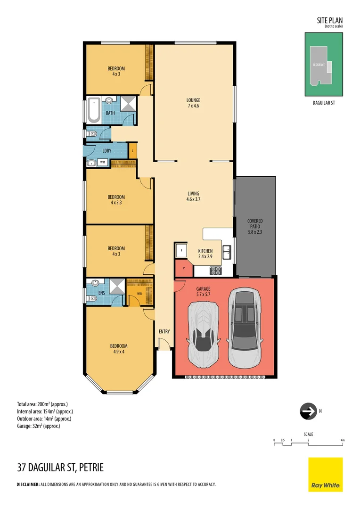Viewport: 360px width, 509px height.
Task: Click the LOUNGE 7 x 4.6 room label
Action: tap(193, 103)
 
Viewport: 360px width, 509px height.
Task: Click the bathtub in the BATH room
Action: tap(93, 112)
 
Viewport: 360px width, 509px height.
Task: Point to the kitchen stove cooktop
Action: tap(215, 271)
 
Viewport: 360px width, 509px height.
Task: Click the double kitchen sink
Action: tap(227, 252)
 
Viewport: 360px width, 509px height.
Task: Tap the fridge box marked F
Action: tap(181, 251)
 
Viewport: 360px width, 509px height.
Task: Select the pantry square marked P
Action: tap(184, 268)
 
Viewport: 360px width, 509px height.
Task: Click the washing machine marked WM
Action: tap(102, 163)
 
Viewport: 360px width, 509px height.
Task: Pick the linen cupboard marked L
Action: tap(133, 150)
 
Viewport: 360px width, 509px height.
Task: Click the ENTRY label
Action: tap(164, 332)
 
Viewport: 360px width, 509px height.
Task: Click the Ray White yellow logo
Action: tap(325, 474)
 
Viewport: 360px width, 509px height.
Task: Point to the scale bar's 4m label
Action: tap(343, 440)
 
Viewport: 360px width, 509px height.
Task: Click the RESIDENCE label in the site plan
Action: tap(318, 65)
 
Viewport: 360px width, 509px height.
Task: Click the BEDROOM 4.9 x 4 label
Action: tap(119, 348)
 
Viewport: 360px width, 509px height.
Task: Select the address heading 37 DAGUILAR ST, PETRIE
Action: tap(60, 468)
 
